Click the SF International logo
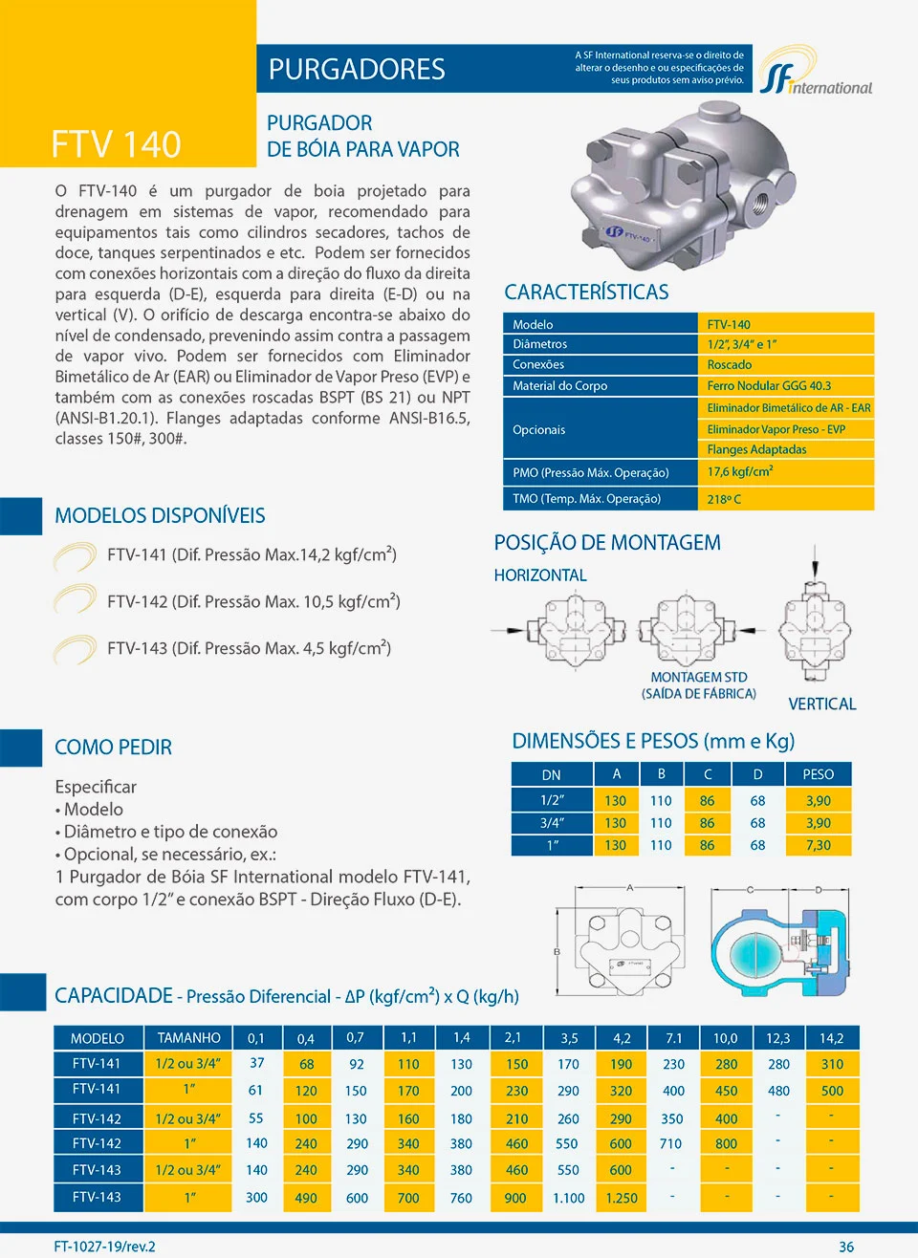tap(816, 73)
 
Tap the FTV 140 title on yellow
tap(116, 144)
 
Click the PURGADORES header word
tap(357, 69)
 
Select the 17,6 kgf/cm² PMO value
tap(740, 472)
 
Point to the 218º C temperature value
tap(724, 499)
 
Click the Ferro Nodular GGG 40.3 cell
tap(769, 386)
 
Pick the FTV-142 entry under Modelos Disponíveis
tap(253, 601)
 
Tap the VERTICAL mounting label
tap(821, 704)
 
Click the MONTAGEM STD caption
tap(699, 677)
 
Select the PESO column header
tap(818, 774)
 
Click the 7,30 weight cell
tap(818, 845)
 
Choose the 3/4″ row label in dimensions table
tap(552, 823)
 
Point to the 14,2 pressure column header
tap(831, 1038)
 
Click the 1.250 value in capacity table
tap(621, 1198)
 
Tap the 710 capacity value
tap(671, 1143)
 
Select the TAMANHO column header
tap(188, 1038)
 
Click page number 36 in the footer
tap(846, 1247)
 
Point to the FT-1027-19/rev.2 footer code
tap(104, 1247)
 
